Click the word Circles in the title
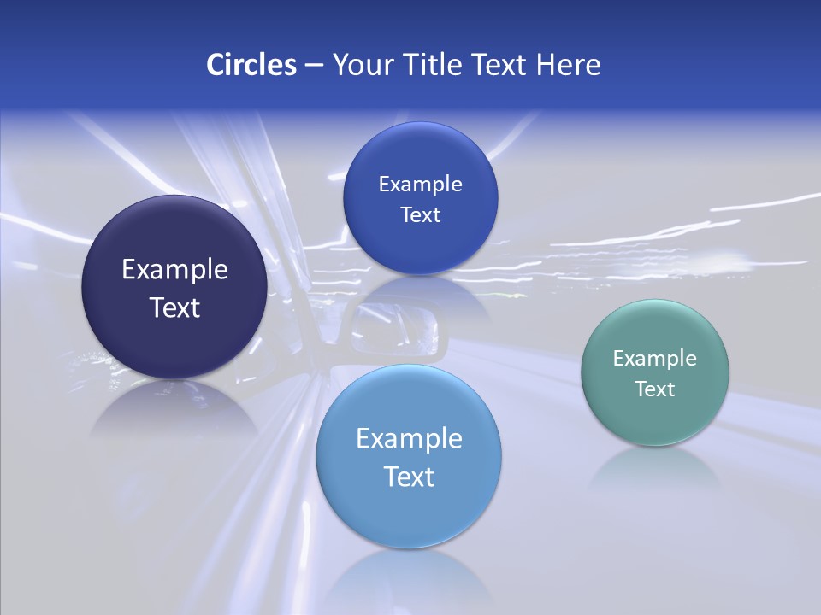point(251,65)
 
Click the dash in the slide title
point(314,66)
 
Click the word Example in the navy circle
point(174,270)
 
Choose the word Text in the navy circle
point(174,307)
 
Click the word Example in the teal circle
point(655,359)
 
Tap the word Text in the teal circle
point(655,389)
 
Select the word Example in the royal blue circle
point(420,184)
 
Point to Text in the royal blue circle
point(420,215)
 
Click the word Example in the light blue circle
point(409,439)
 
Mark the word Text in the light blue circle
point(409,477)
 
